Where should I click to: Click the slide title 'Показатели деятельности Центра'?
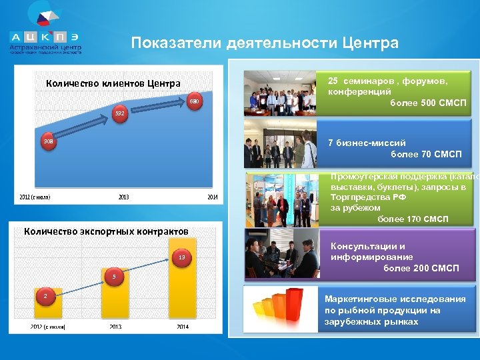[265, 43]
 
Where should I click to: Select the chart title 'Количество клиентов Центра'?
[113, 83]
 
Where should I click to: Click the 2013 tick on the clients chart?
[124, 197]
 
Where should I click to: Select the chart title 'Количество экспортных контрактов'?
[106, 231]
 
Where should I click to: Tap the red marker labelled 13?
[181, 257]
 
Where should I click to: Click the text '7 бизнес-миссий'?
[367, 143]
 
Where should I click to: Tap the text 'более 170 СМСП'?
[413, 219]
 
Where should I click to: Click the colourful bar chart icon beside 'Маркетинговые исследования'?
[282, 308]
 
